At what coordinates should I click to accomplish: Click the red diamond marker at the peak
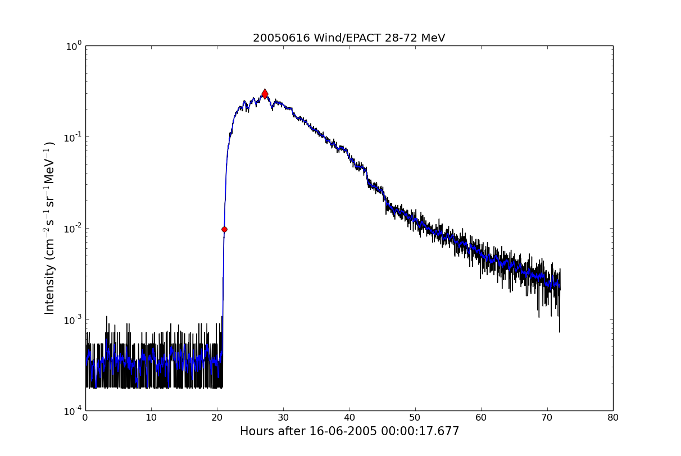[265, 94]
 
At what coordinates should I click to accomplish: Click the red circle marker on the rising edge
[224, 229]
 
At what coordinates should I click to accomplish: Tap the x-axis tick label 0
[85, 418]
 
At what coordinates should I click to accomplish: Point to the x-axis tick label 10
[151, 418]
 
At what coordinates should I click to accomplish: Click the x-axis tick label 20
[217, 418]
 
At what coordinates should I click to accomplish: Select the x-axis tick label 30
[283, 418]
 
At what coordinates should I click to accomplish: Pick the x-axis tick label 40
[349, 418]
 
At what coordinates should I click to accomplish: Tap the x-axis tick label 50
[415, 418]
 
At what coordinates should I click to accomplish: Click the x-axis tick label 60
[481, 418]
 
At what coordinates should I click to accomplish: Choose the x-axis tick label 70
[547, 418]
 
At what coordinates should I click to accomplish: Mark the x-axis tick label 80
[613, 418]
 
